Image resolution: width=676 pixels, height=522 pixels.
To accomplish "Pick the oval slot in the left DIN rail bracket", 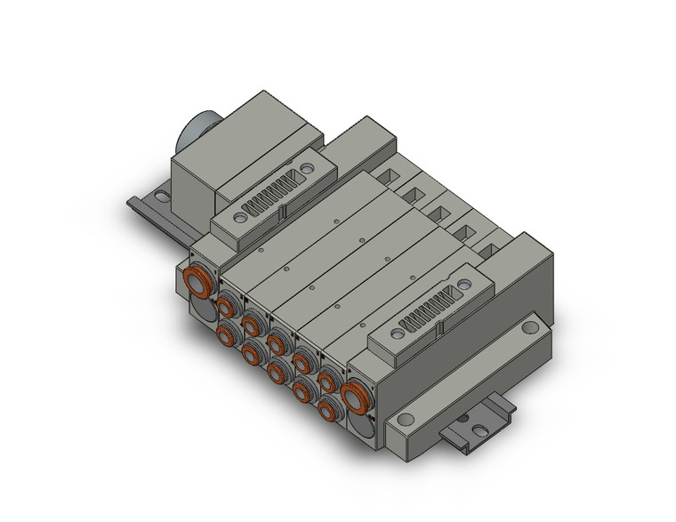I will tap(165, 189).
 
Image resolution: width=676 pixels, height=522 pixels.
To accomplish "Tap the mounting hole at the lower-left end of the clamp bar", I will tap(406, 419).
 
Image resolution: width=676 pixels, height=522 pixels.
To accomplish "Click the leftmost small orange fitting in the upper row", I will tap(227, 308).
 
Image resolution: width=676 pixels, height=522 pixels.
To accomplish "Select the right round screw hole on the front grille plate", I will tap(463, 286).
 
